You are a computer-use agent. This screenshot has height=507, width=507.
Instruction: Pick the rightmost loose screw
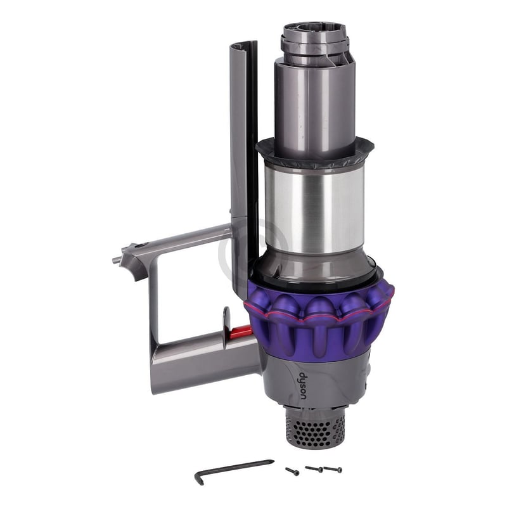pos(333,470)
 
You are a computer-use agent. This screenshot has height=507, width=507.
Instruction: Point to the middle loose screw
pos(313,469)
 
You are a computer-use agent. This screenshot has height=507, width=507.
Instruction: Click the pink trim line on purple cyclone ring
pos(317,315)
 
